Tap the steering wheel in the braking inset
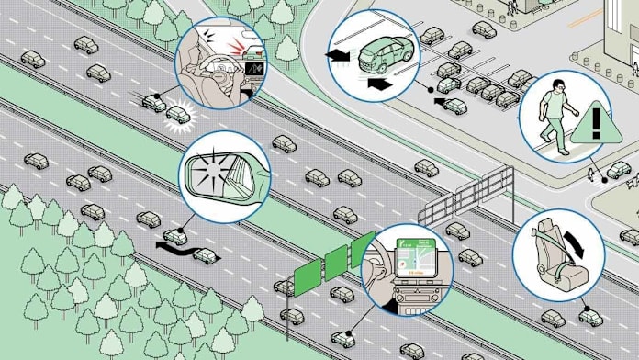click(x=217, y=66)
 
